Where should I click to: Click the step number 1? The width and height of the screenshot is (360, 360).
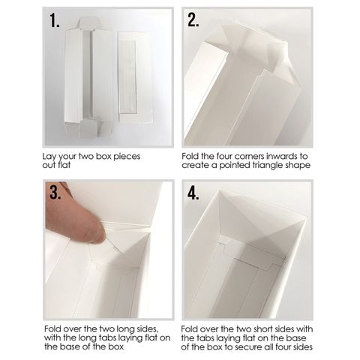(x=54, y=20)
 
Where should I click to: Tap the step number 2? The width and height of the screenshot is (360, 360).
(x=193, y=19)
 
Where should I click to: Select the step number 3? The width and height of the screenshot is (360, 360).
(x=55, y=193)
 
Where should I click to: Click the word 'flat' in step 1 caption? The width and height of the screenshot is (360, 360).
(x=64, y=165)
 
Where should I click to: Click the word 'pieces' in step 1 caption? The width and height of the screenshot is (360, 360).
(x=127, y=157)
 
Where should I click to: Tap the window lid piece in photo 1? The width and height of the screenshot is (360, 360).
(x=135, y=77)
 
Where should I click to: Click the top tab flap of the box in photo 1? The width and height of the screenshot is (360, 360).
(x=89, y=23)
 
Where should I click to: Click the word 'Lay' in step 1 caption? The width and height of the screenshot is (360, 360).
(x=49, y=157)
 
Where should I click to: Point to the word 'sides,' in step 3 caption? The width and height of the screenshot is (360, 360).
(x=147, y=329)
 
